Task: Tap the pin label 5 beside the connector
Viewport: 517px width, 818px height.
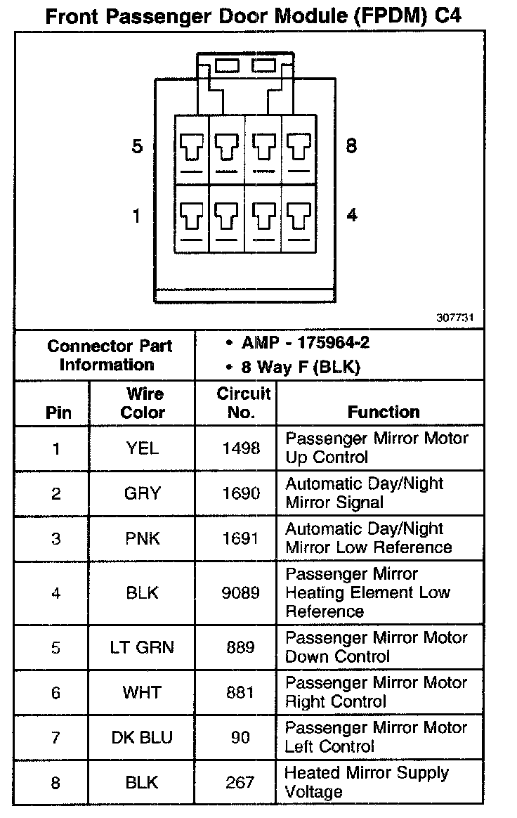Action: [x=137, y=147]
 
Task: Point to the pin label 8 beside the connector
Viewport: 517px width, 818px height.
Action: [x=351, y=146]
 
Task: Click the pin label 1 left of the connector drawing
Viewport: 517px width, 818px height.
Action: [x=137, y=216]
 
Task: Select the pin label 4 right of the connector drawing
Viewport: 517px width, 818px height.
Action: [x=352, y=215]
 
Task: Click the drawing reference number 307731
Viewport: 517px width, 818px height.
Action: [x=455, y=318]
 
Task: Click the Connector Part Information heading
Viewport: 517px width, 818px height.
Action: [x=110, y=355]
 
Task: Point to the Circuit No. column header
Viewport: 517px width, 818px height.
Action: [x=242, y=403]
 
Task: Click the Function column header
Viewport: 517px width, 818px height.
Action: [x=384, y=412]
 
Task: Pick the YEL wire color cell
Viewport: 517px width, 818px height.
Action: [x=143, y=448]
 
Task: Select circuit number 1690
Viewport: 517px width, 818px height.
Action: [x=241, y=493]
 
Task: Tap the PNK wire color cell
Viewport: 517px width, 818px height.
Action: [x=143, y=538]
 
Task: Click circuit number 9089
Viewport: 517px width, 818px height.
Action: [x=241, y=593]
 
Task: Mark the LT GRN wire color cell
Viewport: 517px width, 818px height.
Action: [x=143, y=647]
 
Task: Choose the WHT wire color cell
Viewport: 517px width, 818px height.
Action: [x=143, y=692]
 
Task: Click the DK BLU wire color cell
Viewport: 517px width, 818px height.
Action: [x=143, y=737]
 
